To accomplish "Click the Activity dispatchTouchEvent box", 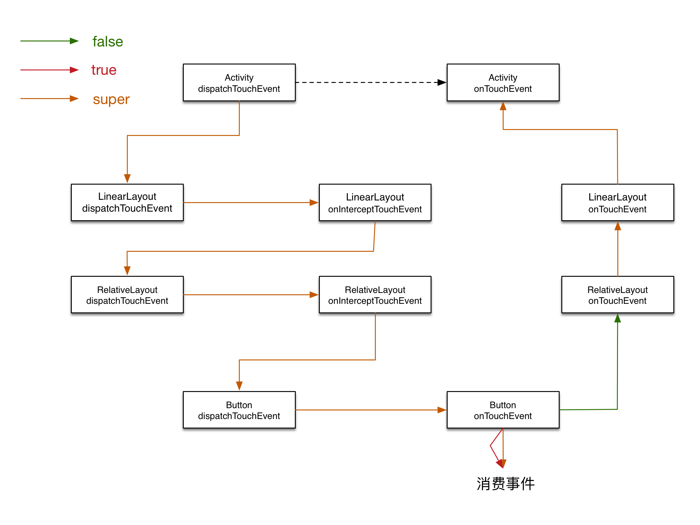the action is click(239, 82).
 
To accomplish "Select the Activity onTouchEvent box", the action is click(503, 82).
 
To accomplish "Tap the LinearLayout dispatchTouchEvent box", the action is click(127, 202).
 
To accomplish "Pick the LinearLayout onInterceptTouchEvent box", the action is click(375, 202).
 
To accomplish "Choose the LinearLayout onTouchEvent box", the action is click(618, 202).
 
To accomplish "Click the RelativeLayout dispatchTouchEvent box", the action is click(127, 294).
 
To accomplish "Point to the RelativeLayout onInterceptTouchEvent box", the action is click(375, 294).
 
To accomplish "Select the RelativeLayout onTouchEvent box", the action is click(618, 294).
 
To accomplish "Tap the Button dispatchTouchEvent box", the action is click(239, 410).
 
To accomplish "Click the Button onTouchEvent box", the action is click(503, 410).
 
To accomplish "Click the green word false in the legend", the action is click(108, 41).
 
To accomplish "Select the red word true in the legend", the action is click(104, 70).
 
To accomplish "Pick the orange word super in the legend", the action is click(111, 99).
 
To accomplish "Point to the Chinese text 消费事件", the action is click(506, 484).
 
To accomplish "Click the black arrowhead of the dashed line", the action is click(442, 82).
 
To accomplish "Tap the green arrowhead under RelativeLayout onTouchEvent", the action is click(618, 318).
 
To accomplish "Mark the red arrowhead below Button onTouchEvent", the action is click(500, 464).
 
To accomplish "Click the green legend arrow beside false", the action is click(49, 41).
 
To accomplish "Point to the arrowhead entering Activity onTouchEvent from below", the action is click(503, 106).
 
